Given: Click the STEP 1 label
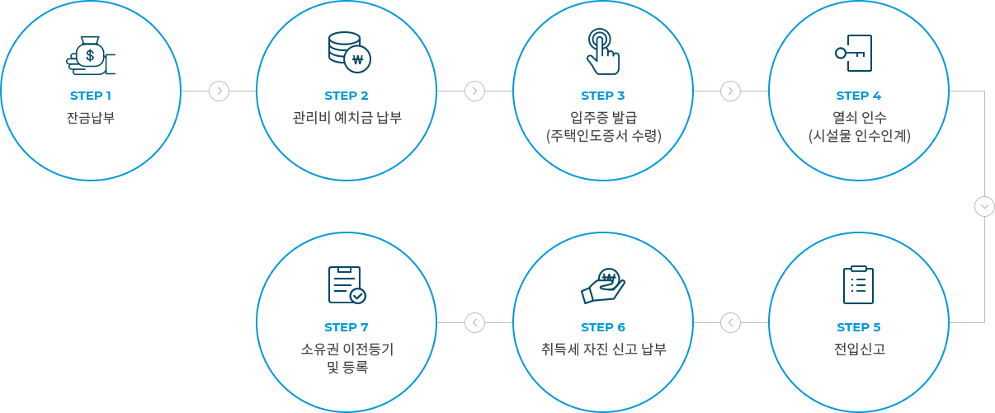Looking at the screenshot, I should [x=91, y=96].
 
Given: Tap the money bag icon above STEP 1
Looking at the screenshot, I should [x=91, y=55].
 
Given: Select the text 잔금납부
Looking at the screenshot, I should [x=91, y=118].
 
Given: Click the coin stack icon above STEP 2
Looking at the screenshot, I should [x=348, y=52].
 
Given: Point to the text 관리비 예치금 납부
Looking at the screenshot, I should [x=347, y=118].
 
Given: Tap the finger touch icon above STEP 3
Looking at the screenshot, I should [x=602, y=52].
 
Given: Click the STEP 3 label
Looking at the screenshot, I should [x=603, y=96].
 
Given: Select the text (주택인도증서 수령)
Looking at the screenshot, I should [x=603, y=136].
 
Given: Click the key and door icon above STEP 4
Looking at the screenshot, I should [x=855, y=53].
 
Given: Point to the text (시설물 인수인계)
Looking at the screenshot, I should [x=859, y=136].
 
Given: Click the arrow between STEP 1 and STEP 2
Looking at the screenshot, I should [x=219, y=91].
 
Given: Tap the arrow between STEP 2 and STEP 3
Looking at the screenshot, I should [x=474, y=91].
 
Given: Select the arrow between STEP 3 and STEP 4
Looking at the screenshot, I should [x=730, y=91].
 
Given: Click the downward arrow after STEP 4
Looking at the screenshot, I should [x=984, y=206].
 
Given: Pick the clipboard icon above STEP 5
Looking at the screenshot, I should [x=858, y=284].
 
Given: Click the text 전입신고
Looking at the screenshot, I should [x=859, y=350].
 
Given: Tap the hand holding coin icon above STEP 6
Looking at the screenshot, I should [x=603, y=285].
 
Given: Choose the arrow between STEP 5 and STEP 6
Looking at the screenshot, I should [x=730, y=322].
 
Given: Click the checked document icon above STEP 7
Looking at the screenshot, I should [x=347, y=284].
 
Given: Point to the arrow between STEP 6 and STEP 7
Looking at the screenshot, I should [x=474, y=322].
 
